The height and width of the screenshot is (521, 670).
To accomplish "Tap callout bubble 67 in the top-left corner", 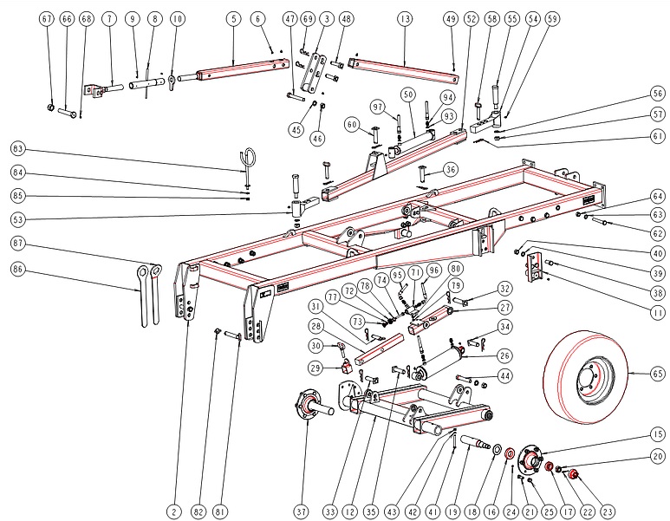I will (47, 18).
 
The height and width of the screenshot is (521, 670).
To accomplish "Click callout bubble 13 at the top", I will (404, 18).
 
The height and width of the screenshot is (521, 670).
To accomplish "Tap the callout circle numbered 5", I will (234, 18).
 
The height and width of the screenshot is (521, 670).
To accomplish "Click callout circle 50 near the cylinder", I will (407, 94).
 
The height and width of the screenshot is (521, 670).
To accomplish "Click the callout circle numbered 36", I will (451, 169).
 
